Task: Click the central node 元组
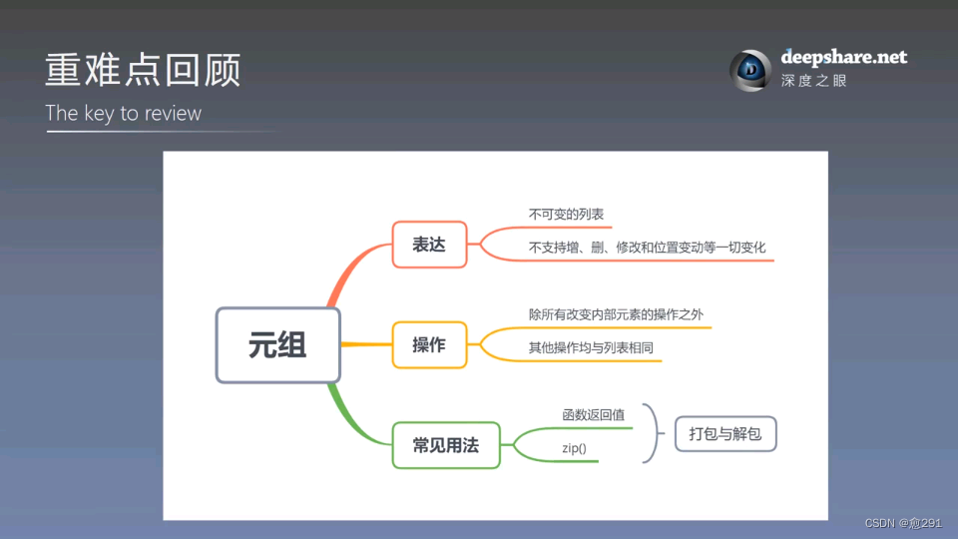click(x=278, y=345)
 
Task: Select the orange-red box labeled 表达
click(x=429, y=245)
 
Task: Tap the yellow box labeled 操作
click(x=429, y=345)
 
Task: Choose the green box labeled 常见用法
click(x=446, y=445)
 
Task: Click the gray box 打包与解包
click(x=725, y=434)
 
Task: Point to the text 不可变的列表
click(x=566, y=215)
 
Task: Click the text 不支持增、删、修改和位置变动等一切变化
click(x=648, y=247)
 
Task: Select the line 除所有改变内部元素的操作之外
click(x=623, y=314)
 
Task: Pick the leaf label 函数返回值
click(x=594, y=414)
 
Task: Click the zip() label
click(x=574, y=449)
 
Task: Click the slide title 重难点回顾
click(x=143, y=71)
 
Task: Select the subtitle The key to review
click(x=123, y=114)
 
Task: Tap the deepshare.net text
click(x=844, y=58)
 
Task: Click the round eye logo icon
click(x=750, y=69)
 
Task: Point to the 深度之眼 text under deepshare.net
click(x=813, y=81)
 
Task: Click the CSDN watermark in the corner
click(x=902, y=523)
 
